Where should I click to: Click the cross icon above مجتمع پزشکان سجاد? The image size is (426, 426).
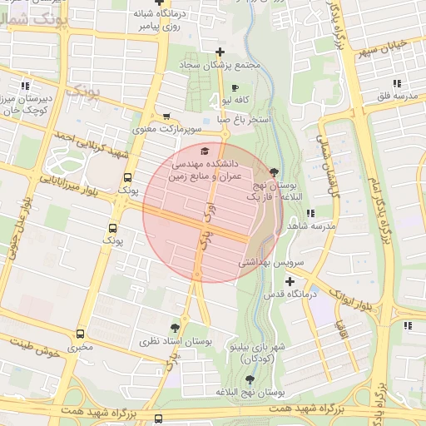coord(220,52)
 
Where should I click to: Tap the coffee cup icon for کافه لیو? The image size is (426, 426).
coord(235,87)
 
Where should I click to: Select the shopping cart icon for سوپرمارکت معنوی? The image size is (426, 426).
coord(167,116)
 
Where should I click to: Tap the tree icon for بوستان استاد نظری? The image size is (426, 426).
coord(174,327)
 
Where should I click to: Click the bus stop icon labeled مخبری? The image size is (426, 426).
coord(81,334)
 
